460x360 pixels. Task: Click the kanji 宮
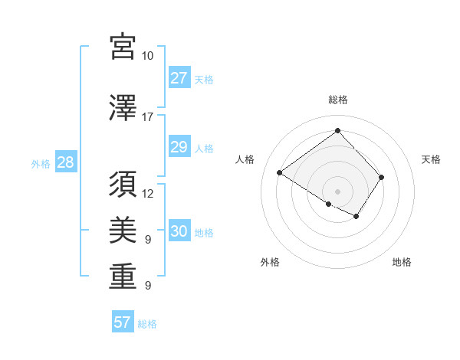(x=123, y=47)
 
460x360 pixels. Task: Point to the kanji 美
(x=123, y=231)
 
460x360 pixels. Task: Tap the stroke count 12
(x=148, y=193)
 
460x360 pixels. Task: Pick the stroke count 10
(x=147, y=56)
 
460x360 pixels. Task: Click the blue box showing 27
(x=179, y=77)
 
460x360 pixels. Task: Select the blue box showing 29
(x=179, y=147)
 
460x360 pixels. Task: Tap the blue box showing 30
(x=179, y=231)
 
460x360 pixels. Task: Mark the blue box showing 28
(x=64, y=162)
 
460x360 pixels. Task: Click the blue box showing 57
(x=122, y=322)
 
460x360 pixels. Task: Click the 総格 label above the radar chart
(x=337, y=100)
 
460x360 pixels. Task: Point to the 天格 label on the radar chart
(x=431, y=159)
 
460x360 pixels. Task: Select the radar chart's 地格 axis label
(x=402, y=262)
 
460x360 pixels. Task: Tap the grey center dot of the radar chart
(x=337, y=191)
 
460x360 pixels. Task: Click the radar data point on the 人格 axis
(x=280, y=173)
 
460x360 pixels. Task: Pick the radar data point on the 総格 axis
(x=337, y=130)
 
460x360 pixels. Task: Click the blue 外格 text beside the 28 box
(x=40, y=163)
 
